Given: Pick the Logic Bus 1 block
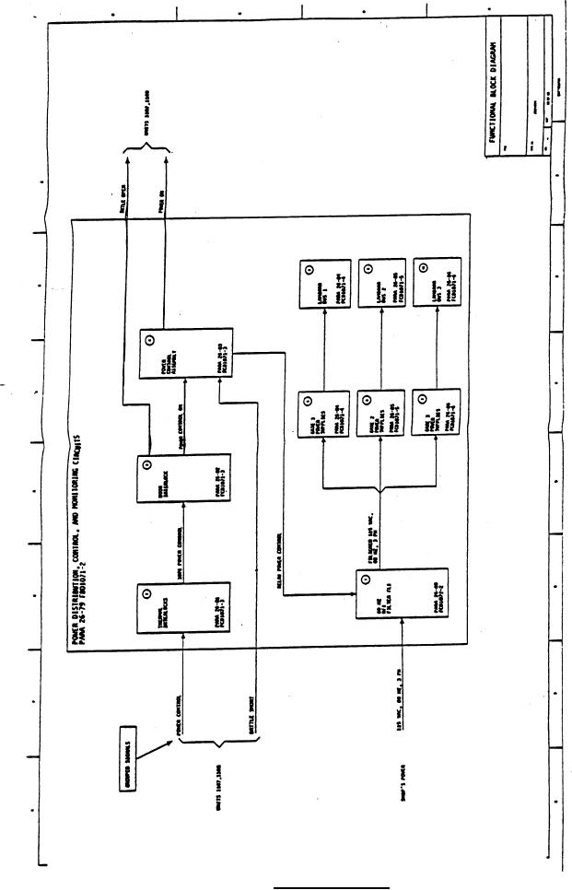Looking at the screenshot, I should coord(325,285).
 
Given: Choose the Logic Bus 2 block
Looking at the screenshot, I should coord(382,285).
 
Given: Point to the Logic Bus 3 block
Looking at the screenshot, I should coord(438,285).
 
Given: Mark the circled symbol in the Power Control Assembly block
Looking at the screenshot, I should coord(151,340).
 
